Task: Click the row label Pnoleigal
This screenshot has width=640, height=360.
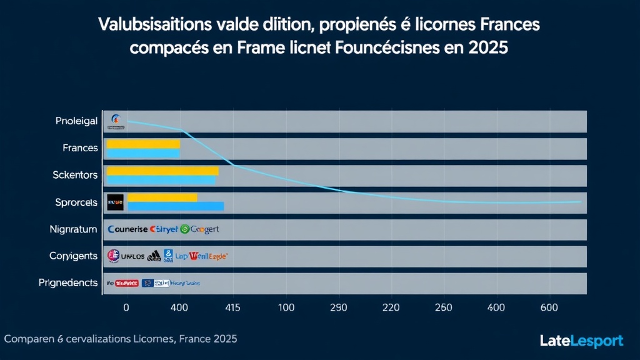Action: [x=76, y=121]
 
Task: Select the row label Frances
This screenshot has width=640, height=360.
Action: [x=80, y=148]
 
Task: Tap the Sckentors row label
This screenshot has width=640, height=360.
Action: [x=75, y=175]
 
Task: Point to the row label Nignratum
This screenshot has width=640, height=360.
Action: [x=73, y=229]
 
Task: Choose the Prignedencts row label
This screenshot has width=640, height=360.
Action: [x=68, y=283]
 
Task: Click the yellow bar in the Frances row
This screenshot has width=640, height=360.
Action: [x=143, y=144]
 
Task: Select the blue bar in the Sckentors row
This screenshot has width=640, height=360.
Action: [x=161, y=181]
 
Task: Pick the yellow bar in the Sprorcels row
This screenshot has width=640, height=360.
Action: [x=162, y=197]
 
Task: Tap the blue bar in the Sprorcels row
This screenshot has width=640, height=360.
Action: [x=175, y=206]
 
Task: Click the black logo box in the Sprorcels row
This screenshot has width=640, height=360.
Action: [x=116, y=202]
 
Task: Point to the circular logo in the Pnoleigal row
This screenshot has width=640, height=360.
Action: [x=115, y=119]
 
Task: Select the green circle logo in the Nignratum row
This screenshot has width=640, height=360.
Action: [x=184, y=229]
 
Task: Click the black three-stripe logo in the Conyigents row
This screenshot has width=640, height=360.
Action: [x=154, y=256]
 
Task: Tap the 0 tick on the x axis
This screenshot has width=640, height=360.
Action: [x=126, y=307]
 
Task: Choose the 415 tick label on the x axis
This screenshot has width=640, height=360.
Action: [x=232, y=307]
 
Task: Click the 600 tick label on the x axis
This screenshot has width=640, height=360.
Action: [x=549, y=307]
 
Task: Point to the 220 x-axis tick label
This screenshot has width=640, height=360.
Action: [x=391, y=307]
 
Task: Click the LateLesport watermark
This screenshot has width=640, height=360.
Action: [x=581, y=341]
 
